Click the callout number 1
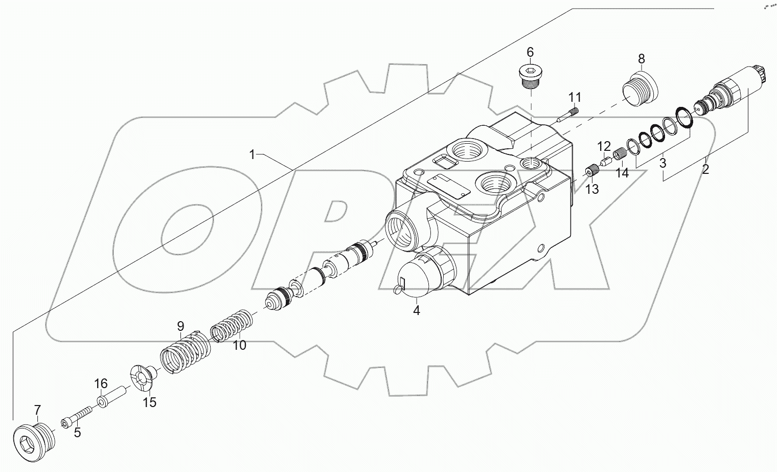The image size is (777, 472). (x=252, y=154)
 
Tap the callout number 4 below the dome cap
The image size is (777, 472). (x=417, y=310)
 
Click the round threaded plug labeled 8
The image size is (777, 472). (x=640, y=92)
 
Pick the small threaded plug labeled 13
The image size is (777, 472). (x=592, y=171)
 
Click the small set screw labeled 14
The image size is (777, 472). (x=620, y=153)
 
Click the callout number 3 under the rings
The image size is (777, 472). (x=662, y=164)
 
